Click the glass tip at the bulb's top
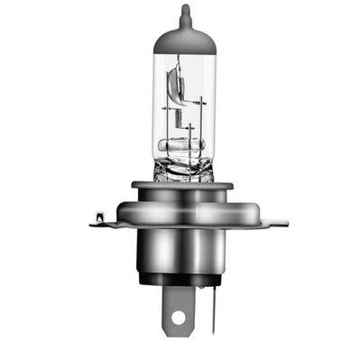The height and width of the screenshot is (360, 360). tap(185, 13)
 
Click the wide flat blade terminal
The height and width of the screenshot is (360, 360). tap(177, 311)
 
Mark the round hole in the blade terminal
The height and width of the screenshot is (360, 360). tap(177, 318)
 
